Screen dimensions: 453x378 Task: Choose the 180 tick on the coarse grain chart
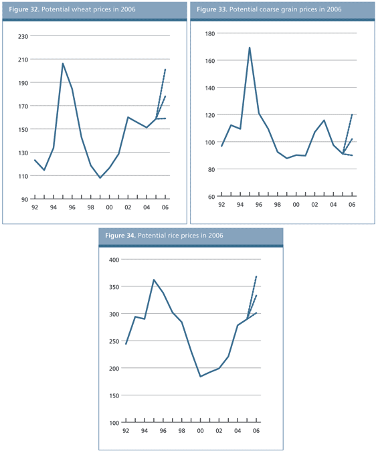[x=209, y=33]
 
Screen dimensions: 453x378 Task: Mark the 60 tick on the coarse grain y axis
[x=210, y=197]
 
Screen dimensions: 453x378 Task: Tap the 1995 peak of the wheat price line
[x=63, y=64]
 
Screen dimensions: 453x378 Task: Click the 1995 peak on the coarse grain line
[x=250, y=48]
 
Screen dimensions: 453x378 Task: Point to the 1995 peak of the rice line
[x=154, y=280]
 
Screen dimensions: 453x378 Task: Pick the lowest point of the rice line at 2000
[x=201, y=376]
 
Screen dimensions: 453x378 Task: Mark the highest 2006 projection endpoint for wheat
[x=165, y=69]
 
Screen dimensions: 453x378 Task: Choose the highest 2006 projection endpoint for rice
[x=256, y=276]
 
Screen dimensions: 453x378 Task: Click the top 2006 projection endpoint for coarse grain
[x=352, y=114]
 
